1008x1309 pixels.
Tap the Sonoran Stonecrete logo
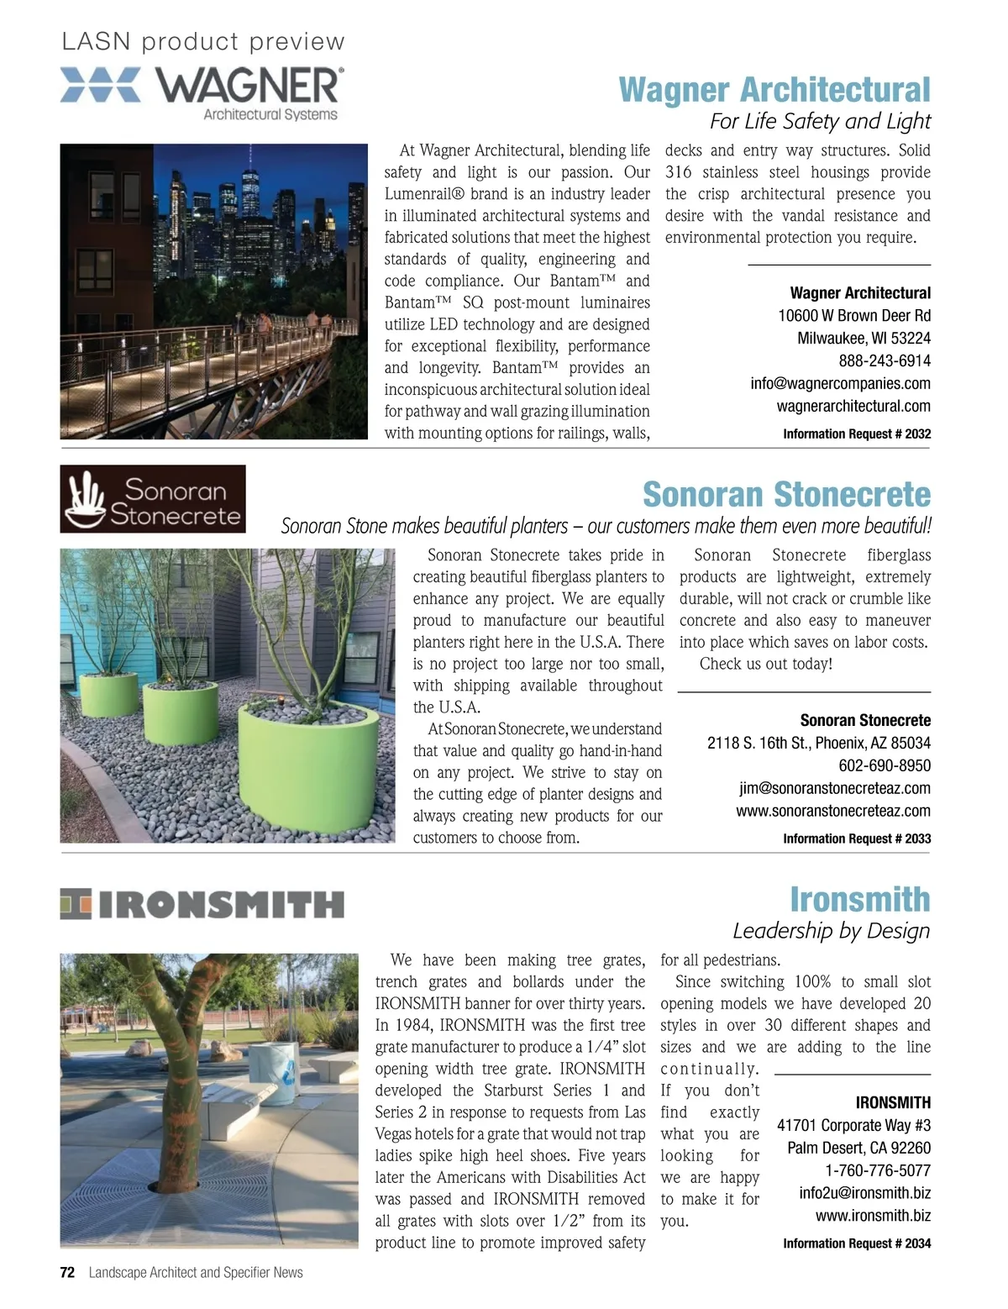pyautogui.click(x=153, y=499)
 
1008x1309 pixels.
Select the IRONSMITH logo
pyautogui.click(x=202, y=904)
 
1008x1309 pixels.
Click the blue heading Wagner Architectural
pyautogui.click(x=774, y=90)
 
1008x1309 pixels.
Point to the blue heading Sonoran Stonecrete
pyautogui.click(x=786, y=494)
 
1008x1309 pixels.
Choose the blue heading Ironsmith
pyautogui.click(x=859, y=899)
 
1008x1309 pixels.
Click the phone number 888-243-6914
pyautogui.click(x=885, y=360)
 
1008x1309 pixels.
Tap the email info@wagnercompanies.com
pyautogui.click(x=840, y=383)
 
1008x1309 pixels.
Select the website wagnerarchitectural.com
pyautogui.click(x=853, y=406)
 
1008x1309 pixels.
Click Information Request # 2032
pyautogui.click(x=857, y=434)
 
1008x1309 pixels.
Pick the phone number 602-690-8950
pyautogui.click(x=885, y=765)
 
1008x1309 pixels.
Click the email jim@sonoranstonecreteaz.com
pyautogui.click(x=835, y=788)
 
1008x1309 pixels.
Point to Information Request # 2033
pyautogui.click(x=857, y=838)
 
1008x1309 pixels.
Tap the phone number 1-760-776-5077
pyautogui.click(x=878, y=1170)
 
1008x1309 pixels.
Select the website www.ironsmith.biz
pyautogui.click(x=873, y=1216)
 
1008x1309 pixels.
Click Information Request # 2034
pyautogui.click(x=857, y=1243)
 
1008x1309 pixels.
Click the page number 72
pyautogui.click(x=68, y=1273)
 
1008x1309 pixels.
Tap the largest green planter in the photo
pyautogui.click(x=308, y=765)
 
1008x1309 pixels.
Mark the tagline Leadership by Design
pyautogui.click(x=831, y=931)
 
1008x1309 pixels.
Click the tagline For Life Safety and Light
pyautogui.click(x=820, y=122)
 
